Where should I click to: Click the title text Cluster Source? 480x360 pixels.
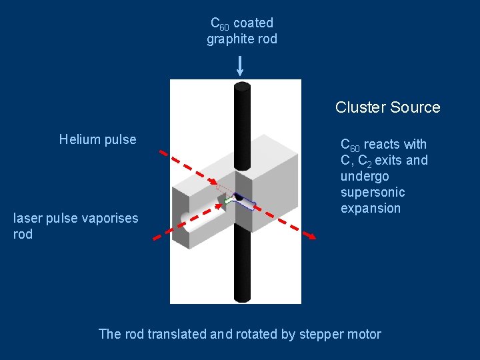coord(387,107)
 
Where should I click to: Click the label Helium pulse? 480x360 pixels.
coord(97,139)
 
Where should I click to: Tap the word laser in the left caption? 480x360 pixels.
coord(27,218)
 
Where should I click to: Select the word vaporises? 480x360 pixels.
coord(109,218)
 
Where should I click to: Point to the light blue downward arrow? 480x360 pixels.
coord(240,65)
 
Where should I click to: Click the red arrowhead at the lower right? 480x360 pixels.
coord(310,235)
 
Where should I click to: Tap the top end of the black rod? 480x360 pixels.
coord(242,87)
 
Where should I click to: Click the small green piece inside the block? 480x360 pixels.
coord(228,199)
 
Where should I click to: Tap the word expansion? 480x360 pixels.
coord(371,208)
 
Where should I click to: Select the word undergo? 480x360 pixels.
coord(365,176)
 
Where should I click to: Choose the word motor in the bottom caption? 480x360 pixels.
coord(363,334)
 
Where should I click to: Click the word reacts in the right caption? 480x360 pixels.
coord(385,144)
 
